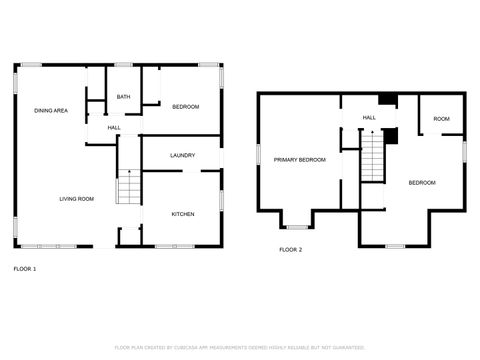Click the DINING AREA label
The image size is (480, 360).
pyautogui.click(x=50, y=110)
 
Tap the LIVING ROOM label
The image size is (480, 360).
pyautogui.click(x=74, y=199)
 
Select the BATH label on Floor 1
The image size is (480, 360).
pyautogui.click(x=123, y=97)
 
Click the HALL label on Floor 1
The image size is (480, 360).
pyautogui.click(x=114, y=128)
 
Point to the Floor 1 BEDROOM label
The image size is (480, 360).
pyautogui.click(x=185, y=107)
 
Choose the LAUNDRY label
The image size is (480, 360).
pyautogui.click(x=182, y=155)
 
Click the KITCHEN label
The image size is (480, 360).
pyautogui.click(x=182, y=214)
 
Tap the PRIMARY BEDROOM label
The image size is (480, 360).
pyautogui.click(x=300, y=160)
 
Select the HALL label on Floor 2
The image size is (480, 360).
pyautogui.click(x=369, y=118)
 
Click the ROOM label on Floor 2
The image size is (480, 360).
pyautogui.click(x=441, y=119)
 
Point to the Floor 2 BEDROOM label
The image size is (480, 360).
pyautogui.click(x=422, y=183)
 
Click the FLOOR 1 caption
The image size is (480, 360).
pyautogui.click(x=25, y=269)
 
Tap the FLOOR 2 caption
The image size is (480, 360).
pyautogui.click(x=290, y=249)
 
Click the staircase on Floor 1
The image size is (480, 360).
pyautogui.click(x=126, y=187)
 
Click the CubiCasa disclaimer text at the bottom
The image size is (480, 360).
pyautogui.click(x=240, y=347)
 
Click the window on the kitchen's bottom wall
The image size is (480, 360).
pyautogui.click(x=174, y=246)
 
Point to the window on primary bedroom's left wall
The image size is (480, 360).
pyautogui.click(x=258, y=155)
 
